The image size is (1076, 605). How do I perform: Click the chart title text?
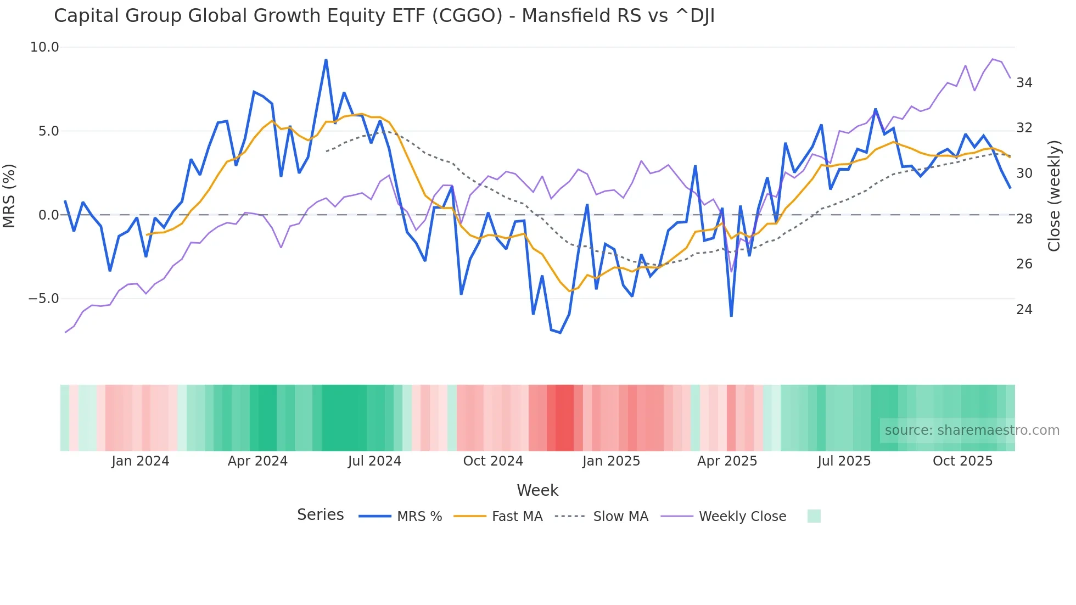[x=384, y=16]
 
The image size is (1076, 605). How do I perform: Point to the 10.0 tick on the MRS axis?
[x=44, y=47]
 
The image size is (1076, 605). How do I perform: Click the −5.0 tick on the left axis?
[x=43, y=299]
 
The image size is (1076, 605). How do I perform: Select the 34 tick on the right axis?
[x=1024, y=83]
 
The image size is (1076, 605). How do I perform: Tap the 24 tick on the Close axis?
[x=1024, y=310]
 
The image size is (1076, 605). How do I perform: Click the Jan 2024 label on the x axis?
[x=140, y=461]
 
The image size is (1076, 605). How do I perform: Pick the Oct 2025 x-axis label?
[x=962, y=461]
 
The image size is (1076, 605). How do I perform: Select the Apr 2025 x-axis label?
[x=727, y=461]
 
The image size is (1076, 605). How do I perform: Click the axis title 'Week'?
[x=537, y=490]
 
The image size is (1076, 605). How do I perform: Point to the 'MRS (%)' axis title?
[x=9, y=195]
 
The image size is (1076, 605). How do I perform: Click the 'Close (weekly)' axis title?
[x=1054, y=195]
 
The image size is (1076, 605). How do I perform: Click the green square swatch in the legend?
[x=814, y=516]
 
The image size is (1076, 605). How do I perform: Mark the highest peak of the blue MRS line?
[x=326, y=60]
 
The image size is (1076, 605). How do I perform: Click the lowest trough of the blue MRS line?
[x=560, y=333]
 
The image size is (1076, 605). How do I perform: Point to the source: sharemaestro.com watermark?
[x=972, y=430]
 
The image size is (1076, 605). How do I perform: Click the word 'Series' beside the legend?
[x=320, y=515]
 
